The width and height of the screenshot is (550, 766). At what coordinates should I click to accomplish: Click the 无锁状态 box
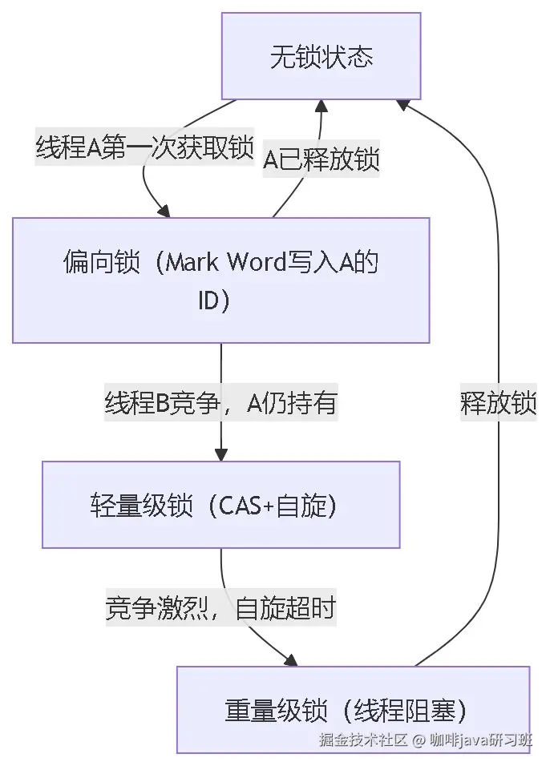click(x=321, y=57)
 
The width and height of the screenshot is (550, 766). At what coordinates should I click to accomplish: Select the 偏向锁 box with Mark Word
click(x=220, y=280)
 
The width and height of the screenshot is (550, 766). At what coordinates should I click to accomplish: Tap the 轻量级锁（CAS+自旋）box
click(x=220, y=505)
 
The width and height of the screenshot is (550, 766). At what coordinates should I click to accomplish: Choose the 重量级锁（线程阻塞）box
click(x=353, y=710)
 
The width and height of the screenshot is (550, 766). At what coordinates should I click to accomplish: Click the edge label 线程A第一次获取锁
click(x=144, y=148)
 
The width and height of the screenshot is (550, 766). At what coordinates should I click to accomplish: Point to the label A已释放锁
click(x=322, y=159)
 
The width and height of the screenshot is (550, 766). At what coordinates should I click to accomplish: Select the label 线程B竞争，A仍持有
click(x=220, y=404)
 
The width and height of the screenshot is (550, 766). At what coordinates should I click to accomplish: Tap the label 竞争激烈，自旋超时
click(x=220, y=609)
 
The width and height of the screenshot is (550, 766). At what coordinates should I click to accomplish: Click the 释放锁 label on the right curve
click(x=499, y=404)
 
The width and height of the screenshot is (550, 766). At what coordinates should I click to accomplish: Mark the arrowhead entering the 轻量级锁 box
click(x=220, y=454)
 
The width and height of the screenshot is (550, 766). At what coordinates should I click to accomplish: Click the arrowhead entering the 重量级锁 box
click(x=289, y=659)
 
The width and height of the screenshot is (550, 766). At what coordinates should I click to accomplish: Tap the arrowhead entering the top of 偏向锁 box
click(x=164, y=211)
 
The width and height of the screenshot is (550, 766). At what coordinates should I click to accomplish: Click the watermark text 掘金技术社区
click(x=363, y=740)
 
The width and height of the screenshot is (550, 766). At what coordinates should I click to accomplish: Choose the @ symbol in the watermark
click(x=418, y=740)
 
